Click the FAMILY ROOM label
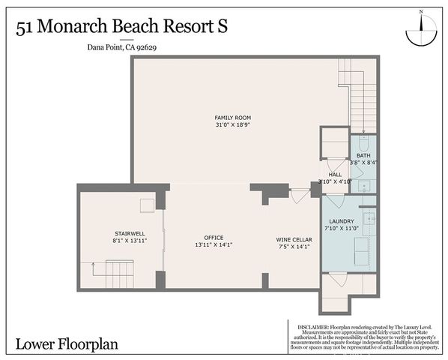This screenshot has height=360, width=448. point(232,118)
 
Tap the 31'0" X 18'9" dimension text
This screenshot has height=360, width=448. point(232,125)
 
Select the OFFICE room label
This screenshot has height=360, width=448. point(214,238)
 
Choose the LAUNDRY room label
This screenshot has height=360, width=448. point(341,221)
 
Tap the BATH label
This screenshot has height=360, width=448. point(363,154)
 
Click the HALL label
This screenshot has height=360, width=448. point(335,174)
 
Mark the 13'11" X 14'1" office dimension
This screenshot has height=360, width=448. point(214,245)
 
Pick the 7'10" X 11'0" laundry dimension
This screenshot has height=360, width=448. point(342,229)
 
